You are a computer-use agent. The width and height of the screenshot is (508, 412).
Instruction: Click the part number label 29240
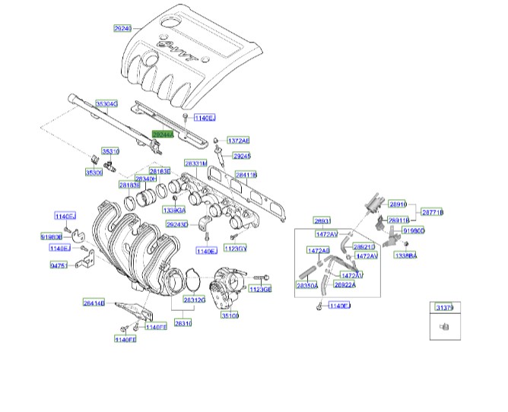tap(122, 28)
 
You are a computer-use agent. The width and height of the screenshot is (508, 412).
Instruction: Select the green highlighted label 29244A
tap(163, 135)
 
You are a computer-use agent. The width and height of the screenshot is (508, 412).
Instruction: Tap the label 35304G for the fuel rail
tap(106, 103)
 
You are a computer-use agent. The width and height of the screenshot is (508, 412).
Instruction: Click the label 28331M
tap(195, 163)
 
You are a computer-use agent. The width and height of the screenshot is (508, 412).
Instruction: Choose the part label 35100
tap(230, 315)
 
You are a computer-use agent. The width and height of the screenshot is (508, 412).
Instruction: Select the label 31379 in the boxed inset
tap(444, 308)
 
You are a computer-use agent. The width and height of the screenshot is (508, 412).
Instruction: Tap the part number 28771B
tap(433, 212)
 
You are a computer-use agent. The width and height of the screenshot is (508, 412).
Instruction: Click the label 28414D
tap(94, 303)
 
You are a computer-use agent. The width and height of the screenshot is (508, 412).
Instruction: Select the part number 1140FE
tap(125, 339)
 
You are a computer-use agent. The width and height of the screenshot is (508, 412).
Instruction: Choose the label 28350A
tap(306, 286)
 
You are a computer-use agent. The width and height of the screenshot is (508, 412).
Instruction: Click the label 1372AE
tap(237, 141)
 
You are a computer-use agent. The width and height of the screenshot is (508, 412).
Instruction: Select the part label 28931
tap(323, 221)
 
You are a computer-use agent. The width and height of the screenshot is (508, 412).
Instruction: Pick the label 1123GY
tap(237, 249)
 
